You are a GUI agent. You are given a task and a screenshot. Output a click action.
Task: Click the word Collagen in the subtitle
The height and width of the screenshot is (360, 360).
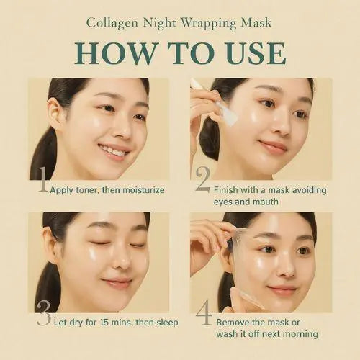point(112,24)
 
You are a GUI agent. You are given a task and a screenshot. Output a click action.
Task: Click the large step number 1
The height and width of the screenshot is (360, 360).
point(43,179)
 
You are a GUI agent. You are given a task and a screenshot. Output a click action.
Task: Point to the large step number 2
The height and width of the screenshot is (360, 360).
point(203,179)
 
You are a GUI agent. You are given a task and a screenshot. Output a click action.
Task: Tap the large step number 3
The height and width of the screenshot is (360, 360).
point(44,313)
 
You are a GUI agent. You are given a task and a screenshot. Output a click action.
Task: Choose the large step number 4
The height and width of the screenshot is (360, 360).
point(204,313)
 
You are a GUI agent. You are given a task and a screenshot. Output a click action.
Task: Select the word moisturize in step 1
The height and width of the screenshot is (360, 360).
point(143,190)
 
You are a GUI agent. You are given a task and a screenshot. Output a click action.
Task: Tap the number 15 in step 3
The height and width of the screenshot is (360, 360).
point(104,323)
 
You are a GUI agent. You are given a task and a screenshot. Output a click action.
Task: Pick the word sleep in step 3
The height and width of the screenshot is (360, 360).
point(167,323)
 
